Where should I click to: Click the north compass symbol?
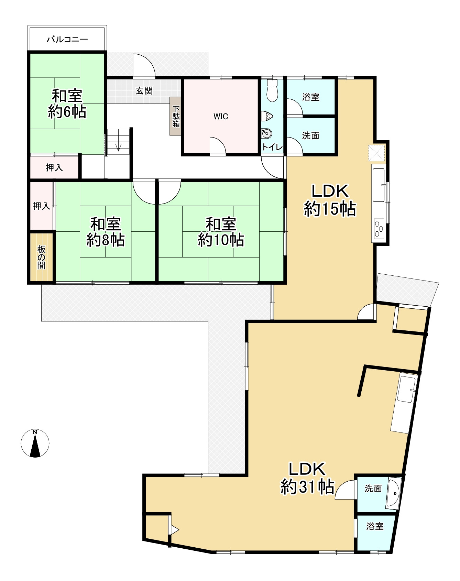(x=35, y=443)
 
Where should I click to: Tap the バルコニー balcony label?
(x=67, y=39)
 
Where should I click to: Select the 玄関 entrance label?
(x=144, y=91)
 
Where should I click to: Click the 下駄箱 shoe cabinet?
(x=176, y=116)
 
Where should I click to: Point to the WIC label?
(x=221, y=117)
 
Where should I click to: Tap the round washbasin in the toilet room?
(x=266, y=133)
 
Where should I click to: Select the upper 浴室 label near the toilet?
(x=311, y=97)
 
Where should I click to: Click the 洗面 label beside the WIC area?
(x=311, y=136)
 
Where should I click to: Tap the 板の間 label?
(x=41, y=257)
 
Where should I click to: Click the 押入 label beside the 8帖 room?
(x=41, y=206)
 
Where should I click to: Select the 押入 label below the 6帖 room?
(x=54, y=167)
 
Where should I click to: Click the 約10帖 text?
(x=221, y=240)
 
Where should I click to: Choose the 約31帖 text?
(x=308, y=486)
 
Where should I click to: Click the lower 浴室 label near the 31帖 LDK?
(x=375, y=526)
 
